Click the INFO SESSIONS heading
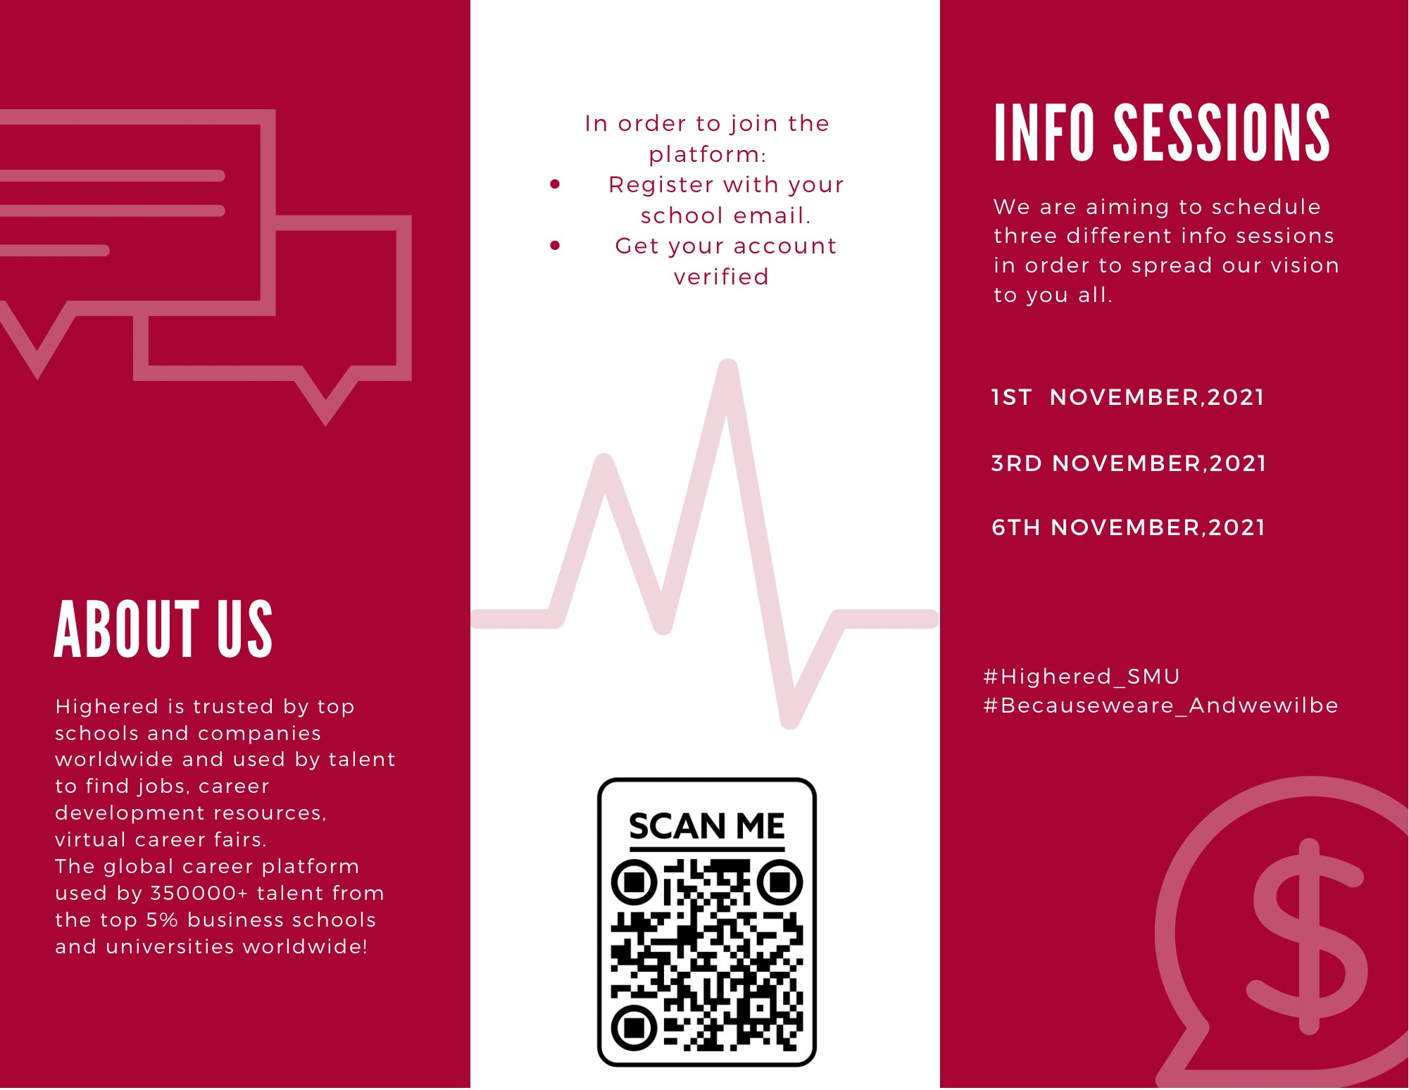tap(1162, 132)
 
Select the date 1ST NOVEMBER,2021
tap(1127, 398)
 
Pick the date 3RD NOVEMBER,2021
tap(1128, 464)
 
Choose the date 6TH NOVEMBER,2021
tap(1128, 528)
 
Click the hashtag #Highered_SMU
tap(1082, 677)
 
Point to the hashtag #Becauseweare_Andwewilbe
tap(1160, 706)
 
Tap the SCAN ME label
tap(706, 826)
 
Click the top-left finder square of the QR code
tap(634, 882)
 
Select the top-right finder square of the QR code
tap(779, 882)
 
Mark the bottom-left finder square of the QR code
tap(634, 1028)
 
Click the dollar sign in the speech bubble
tap(1308, 936)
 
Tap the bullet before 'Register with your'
tap(555, 184)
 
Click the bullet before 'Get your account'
tap(555, 246)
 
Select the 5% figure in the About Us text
tap(162, 920)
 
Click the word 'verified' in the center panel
tap(721, 277)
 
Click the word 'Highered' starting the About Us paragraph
tap(107, 707)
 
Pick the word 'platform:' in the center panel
tap(707, 154)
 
